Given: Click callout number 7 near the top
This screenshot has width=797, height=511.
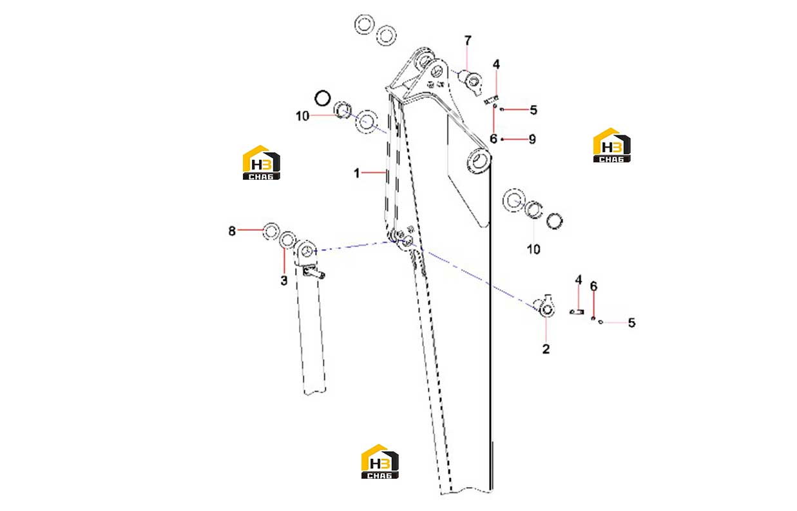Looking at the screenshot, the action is point(468,41).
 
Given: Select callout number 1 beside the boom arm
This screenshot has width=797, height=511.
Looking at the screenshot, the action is point(356,173).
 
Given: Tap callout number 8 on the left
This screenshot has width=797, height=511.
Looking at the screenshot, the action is point(232,231).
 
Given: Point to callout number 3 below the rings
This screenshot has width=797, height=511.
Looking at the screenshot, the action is point(284,280).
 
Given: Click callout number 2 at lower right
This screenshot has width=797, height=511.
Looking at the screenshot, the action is point(546,349).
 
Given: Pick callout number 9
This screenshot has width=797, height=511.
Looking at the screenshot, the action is point(532,139).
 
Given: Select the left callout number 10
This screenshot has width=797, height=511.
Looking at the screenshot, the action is point(302,116).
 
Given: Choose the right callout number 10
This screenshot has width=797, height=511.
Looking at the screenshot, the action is point(533,249).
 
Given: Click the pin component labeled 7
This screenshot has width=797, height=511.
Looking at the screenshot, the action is point(472,82).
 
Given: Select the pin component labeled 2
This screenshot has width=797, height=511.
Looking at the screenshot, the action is point(544,306).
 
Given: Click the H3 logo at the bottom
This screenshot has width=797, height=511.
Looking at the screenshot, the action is point(379,461).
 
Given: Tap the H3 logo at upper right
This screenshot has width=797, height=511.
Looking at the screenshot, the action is point(611,145).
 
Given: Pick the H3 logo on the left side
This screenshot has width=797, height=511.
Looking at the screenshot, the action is point(261,162).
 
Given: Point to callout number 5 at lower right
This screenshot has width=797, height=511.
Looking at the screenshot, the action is point(631,323).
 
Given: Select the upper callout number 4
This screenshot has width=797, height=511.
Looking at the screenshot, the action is point(496,64).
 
